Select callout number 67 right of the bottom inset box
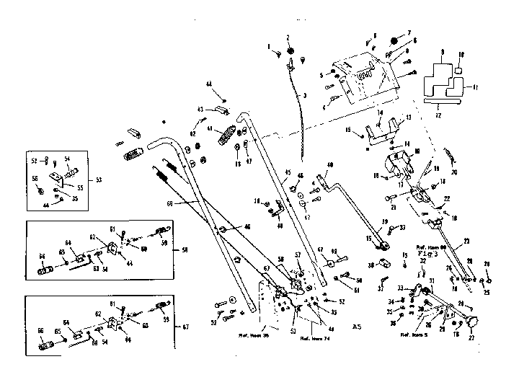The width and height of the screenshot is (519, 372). point(186,327)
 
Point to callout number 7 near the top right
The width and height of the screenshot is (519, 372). point(408,33)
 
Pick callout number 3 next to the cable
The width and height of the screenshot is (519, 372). point(304,95)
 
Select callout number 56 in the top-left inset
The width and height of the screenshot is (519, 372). point(35,180)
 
